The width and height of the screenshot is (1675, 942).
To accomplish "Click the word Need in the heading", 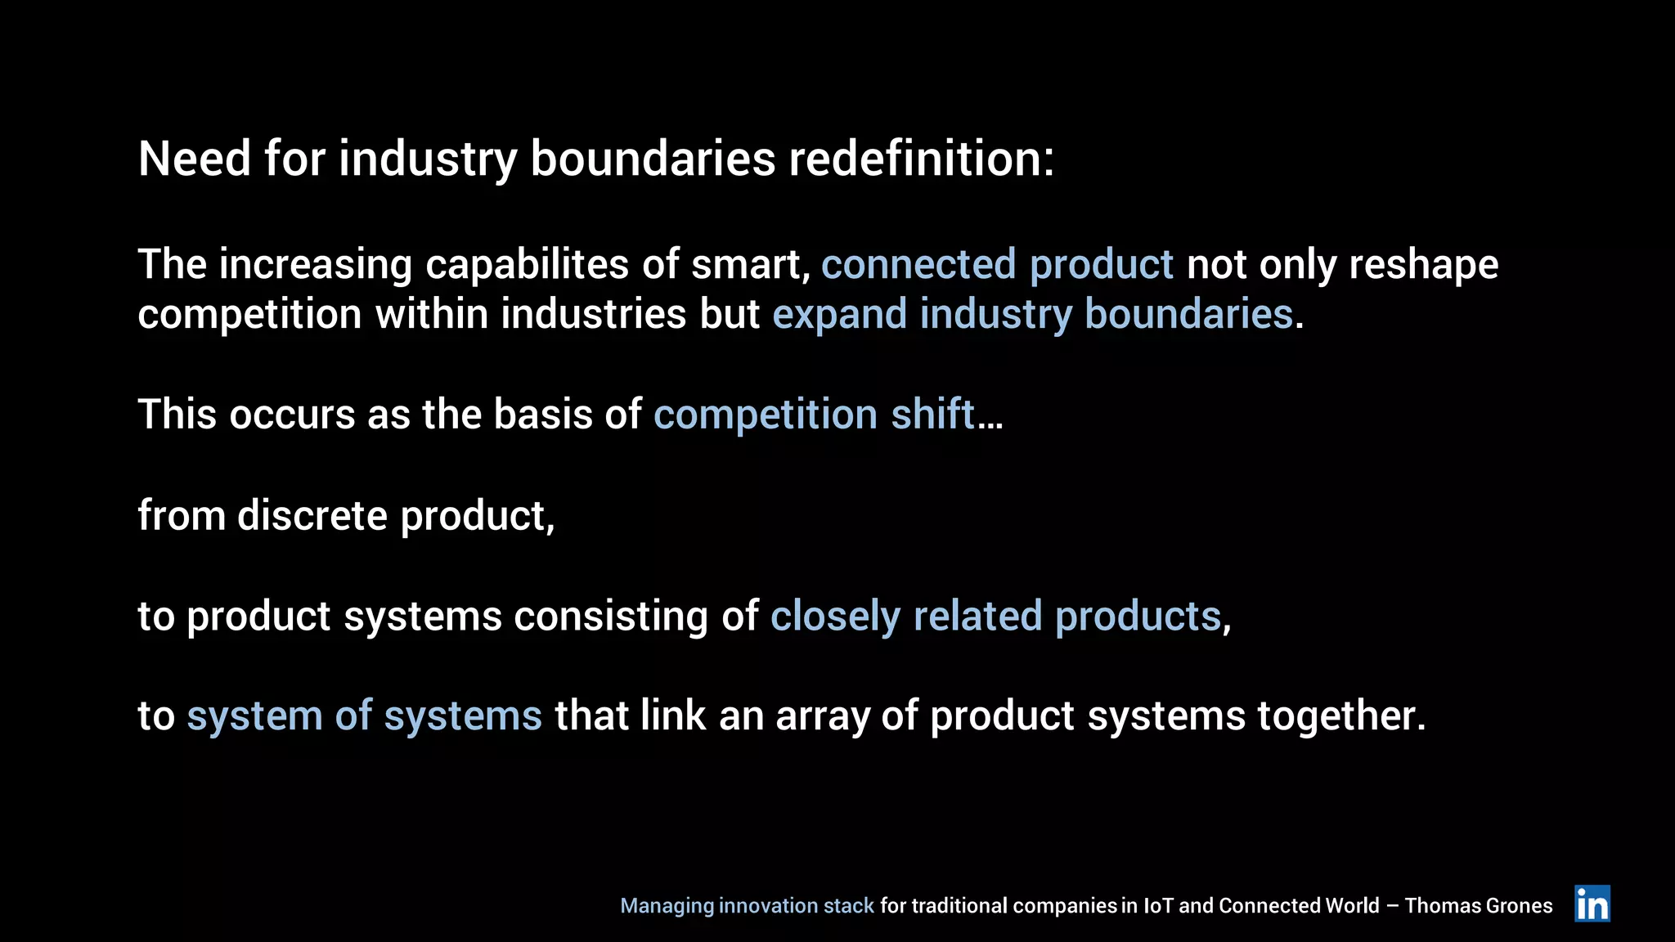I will tap(194, 159).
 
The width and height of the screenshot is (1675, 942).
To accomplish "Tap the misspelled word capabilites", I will tap(528, 265).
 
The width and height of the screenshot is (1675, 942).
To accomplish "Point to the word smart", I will tap(749, 265).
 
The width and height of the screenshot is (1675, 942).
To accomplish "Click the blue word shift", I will tap(932, 415).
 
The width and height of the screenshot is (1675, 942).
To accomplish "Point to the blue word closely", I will tap(835, 617).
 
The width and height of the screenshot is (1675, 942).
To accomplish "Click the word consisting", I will tap(610, 617).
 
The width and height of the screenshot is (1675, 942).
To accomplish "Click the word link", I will tap(672, 716).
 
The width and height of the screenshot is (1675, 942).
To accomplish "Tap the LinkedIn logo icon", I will tap(1592, 904).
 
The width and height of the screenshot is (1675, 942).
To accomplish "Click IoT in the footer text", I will tap(1157, 906).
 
